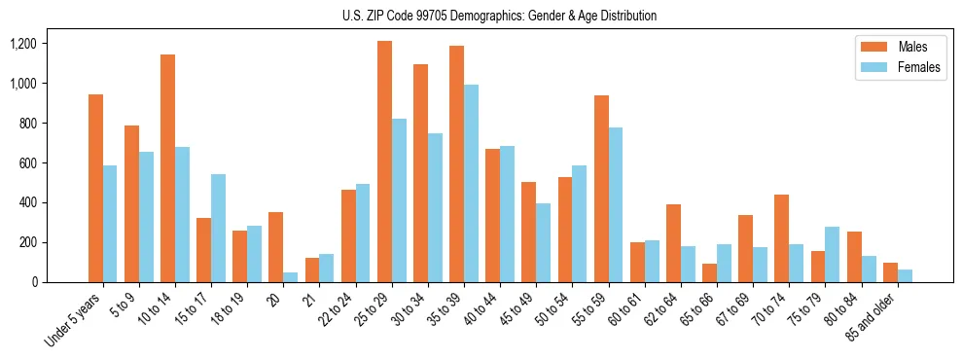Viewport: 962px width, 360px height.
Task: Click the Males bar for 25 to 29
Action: pyautogui.click(x=384, y=162)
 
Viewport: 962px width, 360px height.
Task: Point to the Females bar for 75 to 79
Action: pyautogui.click(x=832, y=254)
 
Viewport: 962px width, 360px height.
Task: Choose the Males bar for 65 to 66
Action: pyautogui.click(x=709, y=272)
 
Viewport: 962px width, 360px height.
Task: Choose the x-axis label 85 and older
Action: pyautogui.click(x=871, y=319)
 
